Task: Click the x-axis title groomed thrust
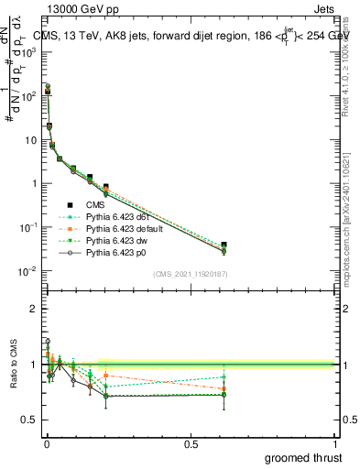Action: click(302, 457)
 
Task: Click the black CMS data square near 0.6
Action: click(224, 245)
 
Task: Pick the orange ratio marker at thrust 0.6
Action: click(224, 389)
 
